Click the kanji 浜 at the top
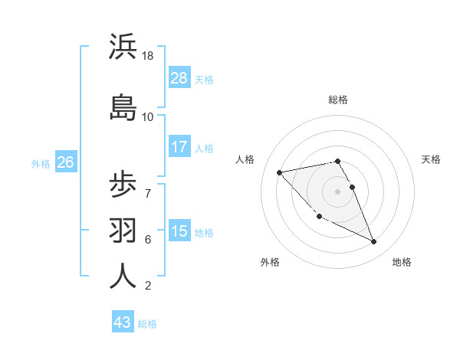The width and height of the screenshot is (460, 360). pyautogui.click(x=123, y=47)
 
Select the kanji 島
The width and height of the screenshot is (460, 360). pyautogui.click(x=123, y=106)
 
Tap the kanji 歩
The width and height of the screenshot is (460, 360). pyautogui.click(x=123, y=187)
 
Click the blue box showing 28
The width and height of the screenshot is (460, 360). pyautogui.click(x=179, y=78)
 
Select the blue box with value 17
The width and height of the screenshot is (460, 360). pyautogui.click(x=179, y=147)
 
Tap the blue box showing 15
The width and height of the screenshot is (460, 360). pyautogui.click(x=179, y=231)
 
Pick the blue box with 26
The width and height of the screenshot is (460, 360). pyautogui.click(x=65, y=162)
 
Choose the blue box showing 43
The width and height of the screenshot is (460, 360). pyautogui.click(x=123, y=322)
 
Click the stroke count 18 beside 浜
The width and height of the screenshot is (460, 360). pyautogui.click(x=148, y=56)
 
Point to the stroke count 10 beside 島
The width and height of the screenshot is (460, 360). pyautogui.click(x=148, y=116)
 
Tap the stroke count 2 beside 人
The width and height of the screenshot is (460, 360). pyautogui.click(x=148, y=286)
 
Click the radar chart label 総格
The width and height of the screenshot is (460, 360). pyautogui.click(x=338, y=100)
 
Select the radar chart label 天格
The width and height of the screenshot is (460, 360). pyautogui.click(x=431, y=159)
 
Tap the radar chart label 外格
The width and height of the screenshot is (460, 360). pyautogui.click(x=269, y=262)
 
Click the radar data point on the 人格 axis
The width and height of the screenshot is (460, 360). pyautogui.click(x=280, y=172)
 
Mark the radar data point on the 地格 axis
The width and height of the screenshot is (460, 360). pyautogui.click(x=374, y=242)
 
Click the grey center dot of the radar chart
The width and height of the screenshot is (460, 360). pyautogui.click(x=338, y=191)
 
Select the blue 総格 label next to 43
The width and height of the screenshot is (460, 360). pyautogui.click(x=147, y=323)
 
